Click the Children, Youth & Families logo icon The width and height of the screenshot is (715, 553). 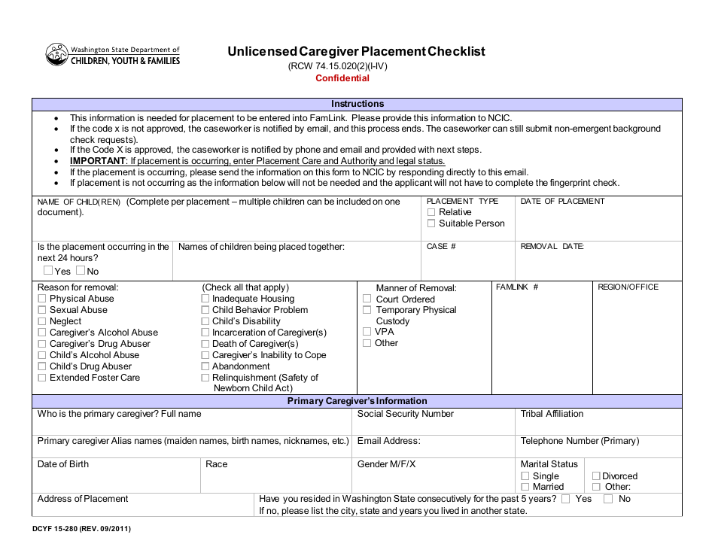(57, 55)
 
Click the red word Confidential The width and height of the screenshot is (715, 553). (342, 78)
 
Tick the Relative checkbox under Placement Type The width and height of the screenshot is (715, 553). (431, 212)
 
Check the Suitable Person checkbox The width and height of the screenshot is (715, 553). (431, 223)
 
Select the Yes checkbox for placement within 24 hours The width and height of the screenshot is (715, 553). (48, 271)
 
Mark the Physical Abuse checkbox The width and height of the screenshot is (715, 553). (42, 299)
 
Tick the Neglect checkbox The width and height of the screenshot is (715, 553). (42, 321)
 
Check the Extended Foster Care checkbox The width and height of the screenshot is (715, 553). (42, 378)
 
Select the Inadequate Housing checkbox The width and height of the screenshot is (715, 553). (205, 299)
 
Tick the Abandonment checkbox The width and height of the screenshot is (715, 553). (205, 366)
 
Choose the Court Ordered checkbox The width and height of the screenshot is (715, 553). (367, 299)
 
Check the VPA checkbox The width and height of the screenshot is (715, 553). (367, 332)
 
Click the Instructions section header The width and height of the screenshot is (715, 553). (357, 105)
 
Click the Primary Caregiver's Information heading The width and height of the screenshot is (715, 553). (357, 401)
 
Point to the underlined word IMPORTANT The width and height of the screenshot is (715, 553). (97, 161)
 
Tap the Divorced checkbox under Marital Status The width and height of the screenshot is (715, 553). (596, 476)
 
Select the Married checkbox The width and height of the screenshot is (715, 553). (525, 487)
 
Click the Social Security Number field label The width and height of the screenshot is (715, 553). (406, 414)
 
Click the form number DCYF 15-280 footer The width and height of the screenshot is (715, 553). (83, 529)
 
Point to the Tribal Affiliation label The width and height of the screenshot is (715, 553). (552, 414)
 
